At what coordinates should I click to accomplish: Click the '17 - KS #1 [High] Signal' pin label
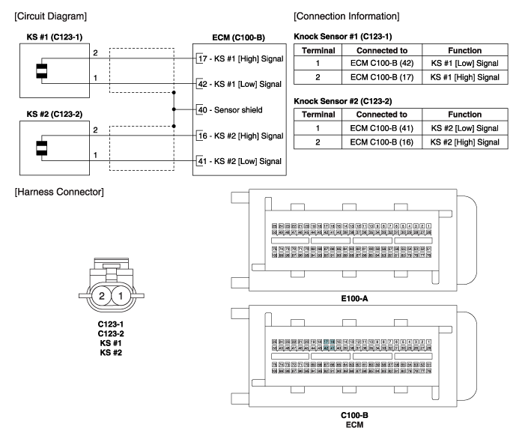point(240,58)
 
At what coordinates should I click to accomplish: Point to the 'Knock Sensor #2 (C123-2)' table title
point(342,100)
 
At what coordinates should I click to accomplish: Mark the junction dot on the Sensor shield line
point(175,109)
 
